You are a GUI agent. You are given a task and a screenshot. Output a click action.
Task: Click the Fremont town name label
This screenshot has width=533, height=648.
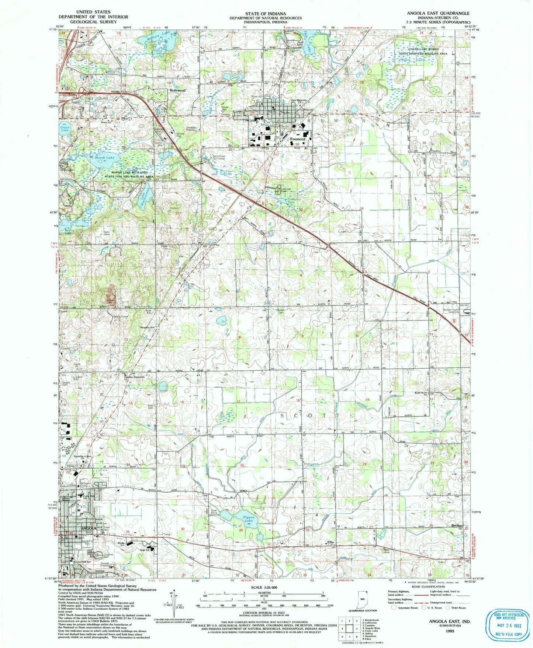click(x=298, y=139)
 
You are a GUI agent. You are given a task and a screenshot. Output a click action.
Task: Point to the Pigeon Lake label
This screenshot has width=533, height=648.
click(x=248, y=519)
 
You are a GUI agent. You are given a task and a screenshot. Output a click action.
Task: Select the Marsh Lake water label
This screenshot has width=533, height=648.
click(x=104, y=157)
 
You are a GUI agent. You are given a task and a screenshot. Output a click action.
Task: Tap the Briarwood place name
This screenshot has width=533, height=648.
click(x=177, y=90)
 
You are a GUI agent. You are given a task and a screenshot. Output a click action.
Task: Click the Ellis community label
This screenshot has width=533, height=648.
click(x=330, y=542)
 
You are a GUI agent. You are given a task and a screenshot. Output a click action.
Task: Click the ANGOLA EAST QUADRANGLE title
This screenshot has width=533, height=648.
click(x=438, y=13)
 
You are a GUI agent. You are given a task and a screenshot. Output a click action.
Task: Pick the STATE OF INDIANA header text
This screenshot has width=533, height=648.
click(x=265, y=14)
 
